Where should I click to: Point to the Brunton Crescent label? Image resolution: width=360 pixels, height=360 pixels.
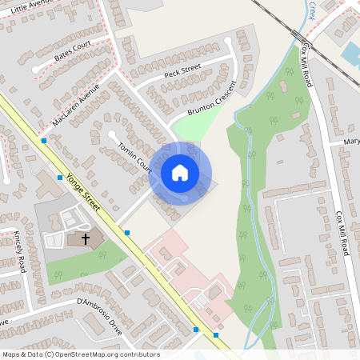point(213,99)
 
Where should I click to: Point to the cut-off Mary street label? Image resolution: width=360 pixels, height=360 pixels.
point(351,141)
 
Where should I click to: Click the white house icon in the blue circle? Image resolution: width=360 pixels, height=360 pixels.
point(180,173)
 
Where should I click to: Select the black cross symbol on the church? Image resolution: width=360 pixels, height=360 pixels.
point(85,238)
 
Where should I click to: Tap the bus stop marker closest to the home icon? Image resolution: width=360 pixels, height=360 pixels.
point(127,233)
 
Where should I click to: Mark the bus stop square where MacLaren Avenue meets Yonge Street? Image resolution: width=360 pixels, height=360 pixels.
point(43,141)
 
